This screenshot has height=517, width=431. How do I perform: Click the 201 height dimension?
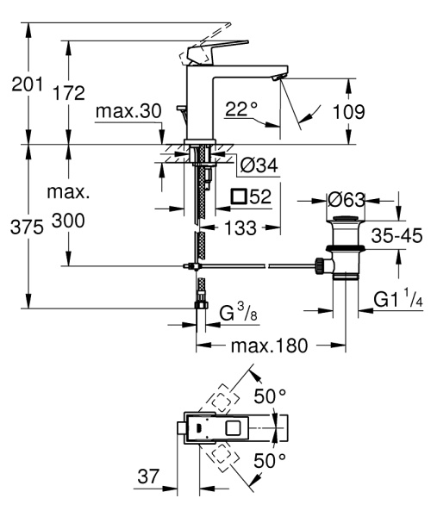pyautogui.click(x=19, y=84)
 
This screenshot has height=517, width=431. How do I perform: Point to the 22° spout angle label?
pyautogui.click(x=241, y=109)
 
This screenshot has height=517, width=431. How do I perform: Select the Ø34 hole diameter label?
pyautogui.click(x=256, y=165)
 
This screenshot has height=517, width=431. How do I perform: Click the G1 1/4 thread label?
pyautogui.click(x=396, y=300)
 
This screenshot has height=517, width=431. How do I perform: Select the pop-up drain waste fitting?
pyautogui.click(x=345, y=250)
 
